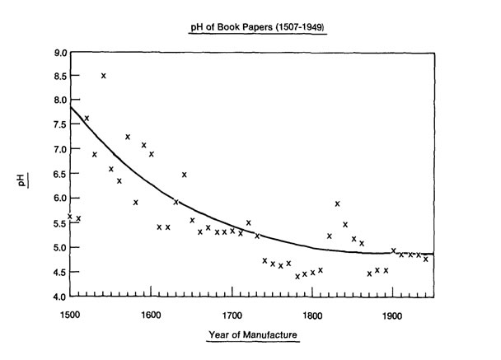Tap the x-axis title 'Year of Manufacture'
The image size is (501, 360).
[x=252, y=334]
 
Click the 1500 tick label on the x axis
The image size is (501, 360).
[x=70, y=313]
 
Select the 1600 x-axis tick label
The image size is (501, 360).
[x=151, y=313]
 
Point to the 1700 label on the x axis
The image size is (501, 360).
[x=232, y=313]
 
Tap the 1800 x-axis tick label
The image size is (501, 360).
[x=312, y=313]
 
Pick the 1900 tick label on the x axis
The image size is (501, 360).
[x=393, y=313]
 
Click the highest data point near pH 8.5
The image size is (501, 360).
[x=103, y=76]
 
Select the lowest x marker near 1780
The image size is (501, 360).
[x=297, y=276]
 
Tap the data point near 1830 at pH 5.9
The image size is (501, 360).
[x=337, y=203]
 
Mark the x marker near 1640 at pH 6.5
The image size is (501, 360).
[x=184, y=175]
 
